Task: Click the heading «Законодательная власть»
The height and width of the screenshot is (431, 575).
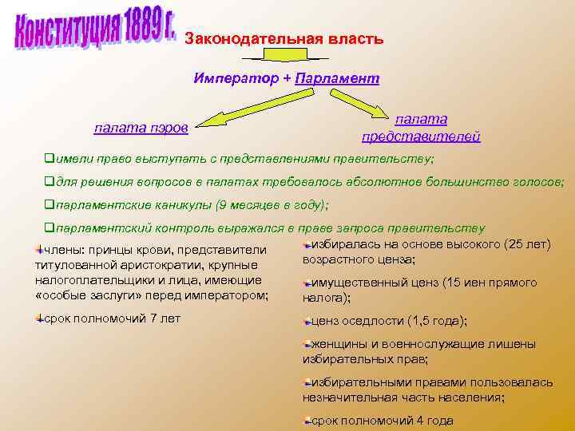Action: pos(284,38)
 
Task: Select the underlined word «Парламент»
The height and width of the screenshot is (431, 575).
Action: pos(336,78)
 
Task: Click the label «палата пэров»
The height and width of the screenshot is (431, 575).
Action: pos(141,127)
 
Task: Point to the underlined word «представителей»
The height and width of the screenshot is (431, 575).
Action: pos(421,136)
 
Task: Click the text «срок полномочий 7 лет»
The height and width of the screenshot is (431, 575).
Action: pos(112,318)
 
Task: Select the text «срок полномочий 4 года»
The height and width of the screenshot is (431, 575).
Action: pos(382,421)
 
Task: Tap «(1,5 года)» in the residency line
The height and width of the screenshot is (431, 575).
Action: pos(435,321)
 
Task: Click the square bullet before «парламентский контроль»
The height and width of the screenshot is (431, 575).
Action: pos(48,227)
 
